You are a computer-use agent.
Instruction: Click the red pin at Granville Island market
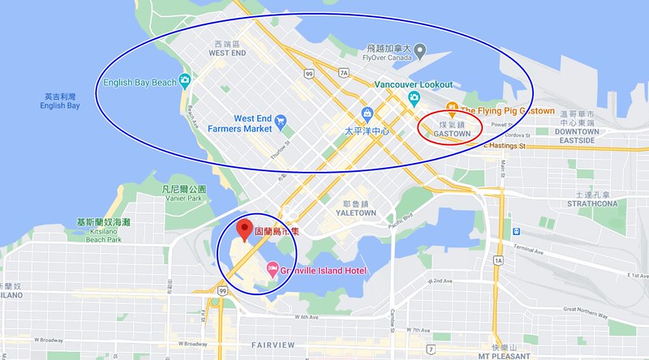[x=241, y=228]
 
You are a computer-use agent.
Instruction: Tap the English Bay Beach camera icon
[x=185, y=81]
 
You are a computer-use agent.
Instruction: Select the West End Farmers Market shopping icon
[x=280, y=122]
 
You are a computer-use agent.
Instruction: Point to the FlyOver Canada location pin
[x=420, y=52]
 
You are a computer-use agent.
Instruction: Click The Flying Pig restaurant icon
[x=453, y=110]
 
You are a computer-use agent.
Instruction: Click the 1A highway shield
[x=498, y=260]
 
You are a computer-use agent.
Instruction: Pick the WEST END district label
[x=228, y=53]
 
